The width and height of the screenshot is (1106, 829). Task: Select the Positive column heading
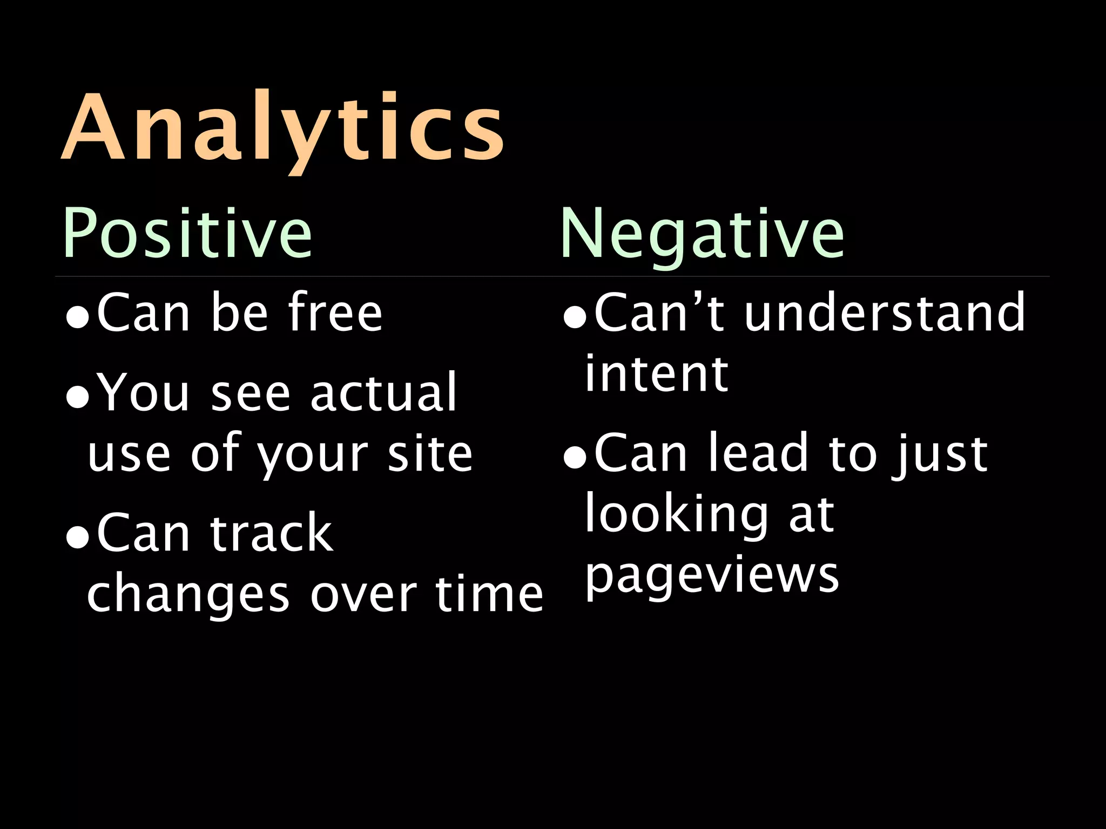[187, 234]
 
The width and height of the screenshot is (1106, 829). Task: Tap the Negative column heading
[702, 234]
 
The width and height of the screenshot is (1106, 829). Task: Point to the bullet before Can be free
[77, 318]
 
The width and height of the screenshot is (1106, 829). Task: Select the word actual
[383, 392]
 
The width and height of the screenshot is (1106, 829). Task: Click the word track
[271, 533]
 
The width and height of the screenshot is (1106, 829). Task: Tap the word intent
[656, 373]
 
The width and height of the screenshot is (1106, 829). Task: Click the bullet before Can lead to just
[574, 459]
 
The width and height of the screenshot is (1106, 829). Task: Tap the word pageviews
[712, 576]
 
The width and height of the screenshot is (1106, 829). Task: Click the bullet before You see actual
[77, 398]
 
